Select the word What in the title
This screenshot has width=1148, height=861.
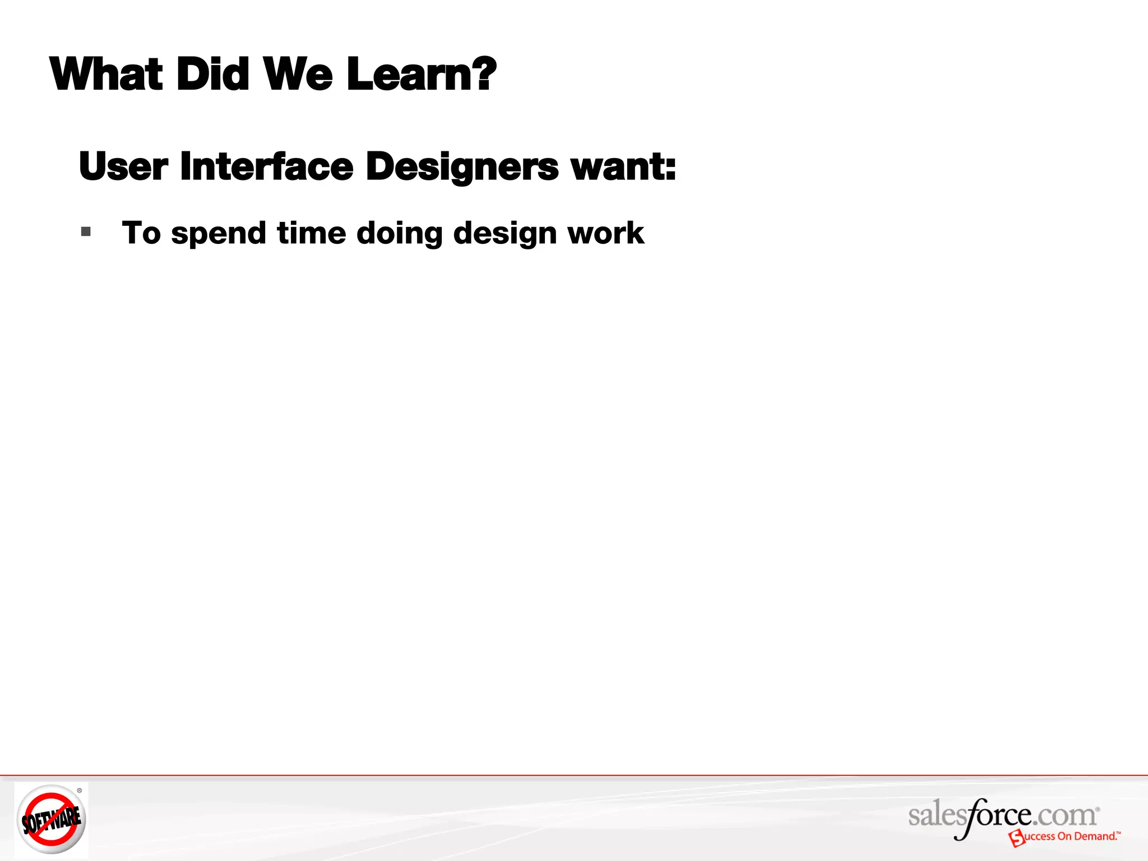click(x=107, y=75)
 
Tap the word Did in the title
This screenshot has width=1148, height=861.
click(x=212, y=75)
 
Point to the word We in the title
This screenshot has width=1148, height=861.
click(x=298, y=75)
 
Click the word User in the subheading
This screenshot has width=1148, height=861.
click(x=123, y=166)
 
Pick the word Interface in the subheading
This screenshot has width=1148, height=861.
click(x=266, y=166)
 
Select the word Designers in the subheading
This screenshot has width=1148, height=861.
click(x=462, y=168)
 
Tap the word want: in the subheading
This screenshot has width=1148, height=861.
click(x=623, y=166)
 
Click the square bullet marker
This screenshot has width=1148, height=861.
click(x=86, y=232)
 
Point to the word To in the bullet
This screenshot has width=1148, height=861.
click(x=141, y=233)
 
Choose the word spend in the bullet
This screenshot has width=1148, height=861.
click(x=219, y=234)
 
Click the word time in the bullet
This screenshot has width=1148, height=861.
click(x=311, y=233)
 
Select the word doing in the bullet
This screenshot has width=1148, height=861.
click(x=399, y=234)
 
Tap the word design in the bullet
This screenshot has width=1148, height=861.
click(x=504, y=234)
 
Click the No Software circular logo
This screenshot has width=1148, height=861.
click(x=51, y=820)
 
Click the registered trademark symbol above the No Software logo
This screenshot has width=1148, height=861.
click(x=80, y=790)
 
